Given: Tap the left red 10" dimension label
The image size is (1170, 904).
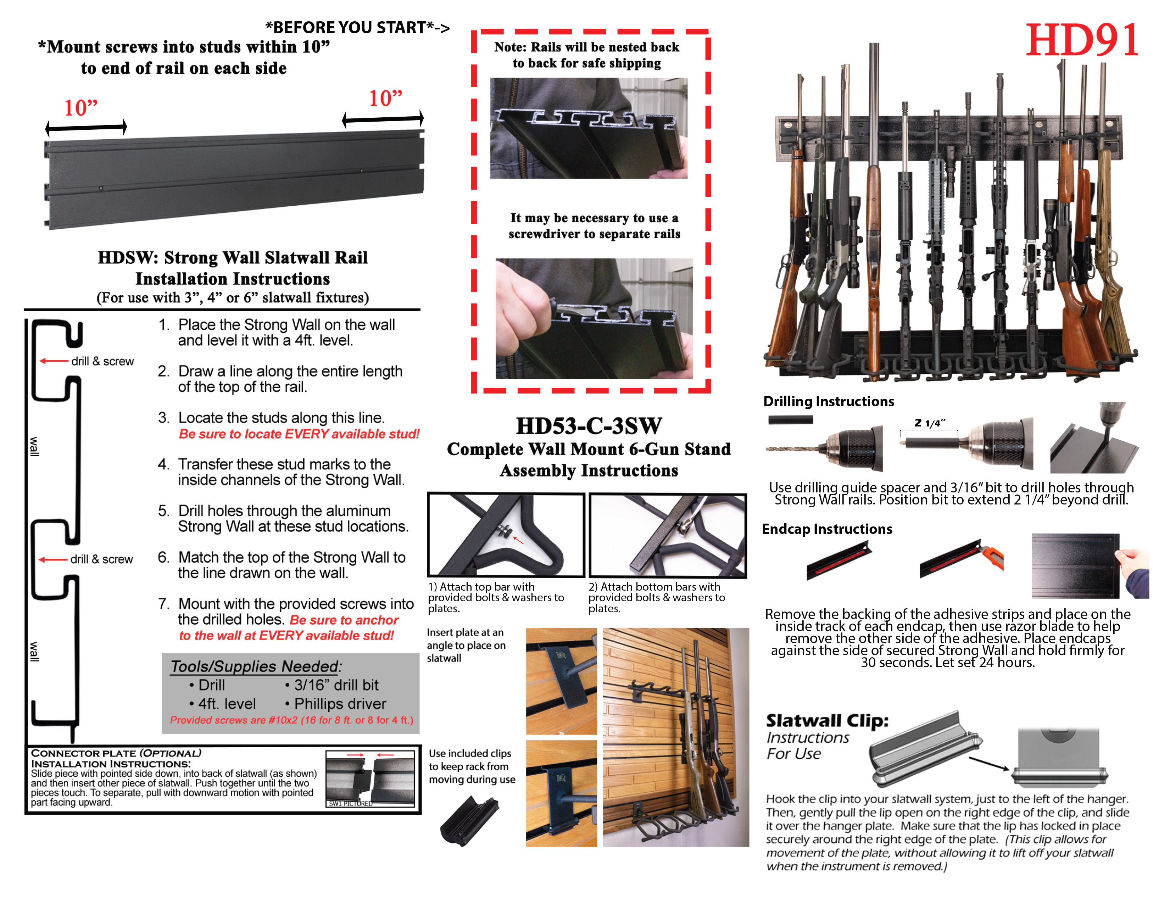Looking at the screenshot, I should [80, 108].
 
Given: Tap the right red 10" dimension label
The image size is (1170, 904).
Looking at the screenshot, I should [385, 98].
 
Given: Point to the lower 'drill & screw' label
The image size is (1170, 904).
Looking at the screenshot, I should [101, 559].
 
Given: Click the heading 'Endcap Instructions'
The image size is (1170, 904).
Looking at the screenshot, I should [826, 529].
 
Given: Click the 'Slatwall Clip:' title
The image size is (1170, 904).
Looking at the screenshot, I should [826, 720].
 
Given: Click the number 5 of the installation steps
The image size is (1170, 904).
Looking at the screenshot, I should [163, 510].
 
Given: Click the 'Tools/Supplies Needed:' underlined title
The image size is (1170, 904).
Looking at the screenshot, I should [256, 666].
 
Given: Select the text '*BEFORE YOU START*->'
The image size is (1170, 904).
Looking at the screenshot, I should [357, 27].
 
